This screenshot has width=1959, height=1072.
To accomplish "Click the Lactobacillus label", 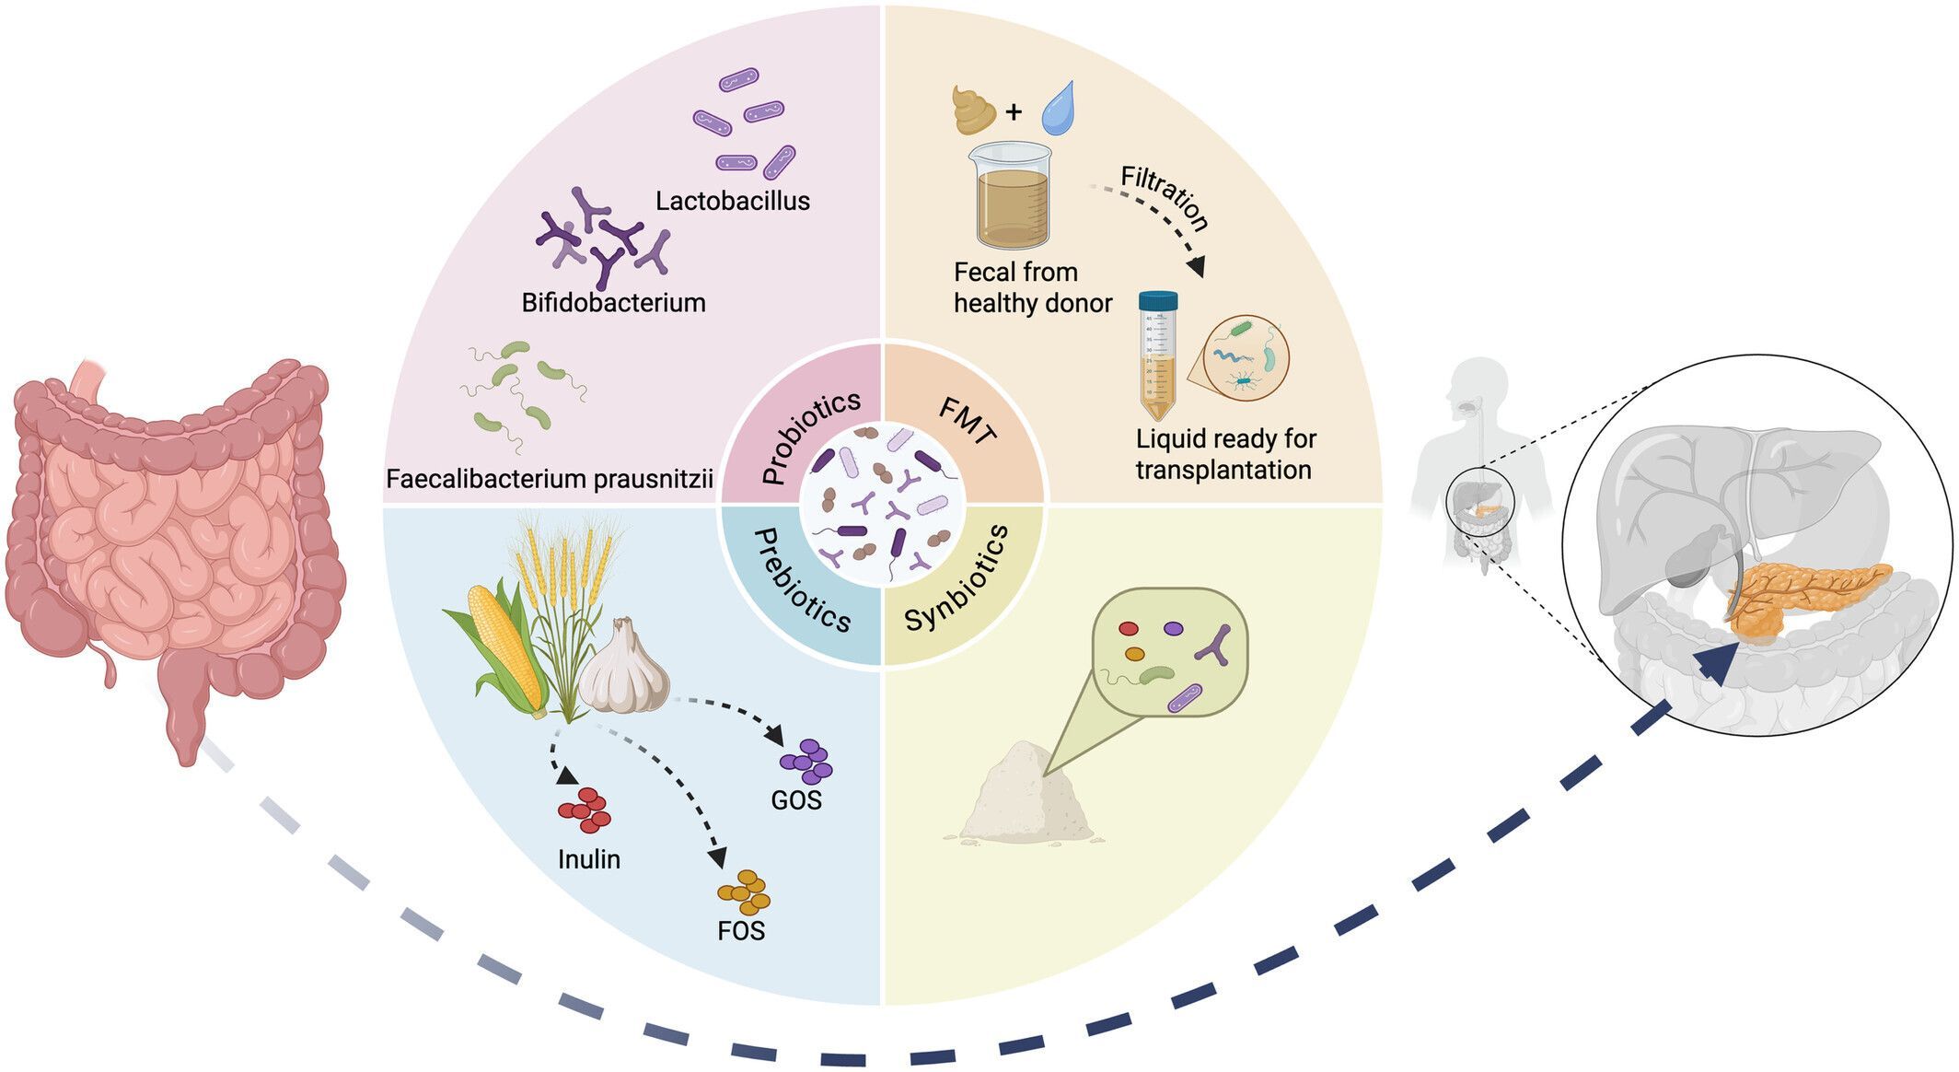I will click(732, 201).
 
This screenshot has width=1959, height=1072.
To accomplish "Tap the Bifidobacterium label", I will click(613, 303).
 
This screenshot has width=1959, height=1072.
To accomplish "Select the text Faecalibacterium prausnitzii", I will click(550, 479).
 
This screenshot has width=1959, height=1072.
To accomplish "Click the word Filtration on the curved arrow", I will click(1165, 197).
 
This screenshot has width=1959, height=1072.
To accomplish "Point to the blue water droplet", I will click(1058, 108).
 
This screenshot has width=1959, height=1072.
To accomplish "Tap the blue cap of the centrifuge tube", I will click(1157, 300).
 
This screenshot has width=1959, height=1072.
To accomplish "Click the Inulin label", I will click(589, 859).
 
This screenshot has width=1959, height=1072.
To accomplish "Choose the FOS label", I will click(741, 931).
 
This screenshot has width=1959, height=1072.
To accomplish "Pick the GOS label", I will click(796, 800).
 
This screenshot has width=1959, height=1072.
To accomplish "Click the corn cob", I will click(502, 635).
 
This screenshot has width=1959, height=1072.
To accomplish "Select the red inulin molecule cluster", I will click(585, 810).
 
